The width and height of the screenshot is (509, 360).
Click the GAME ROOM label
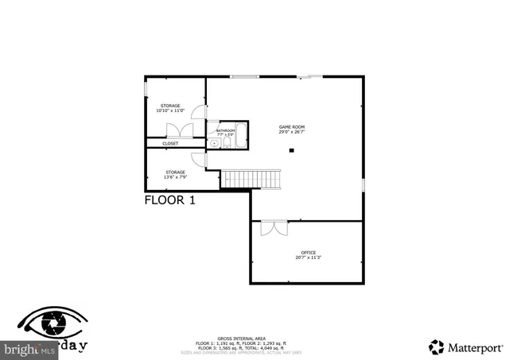(291, 127)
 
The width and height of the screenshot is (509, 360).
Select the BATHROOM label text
(226, 130)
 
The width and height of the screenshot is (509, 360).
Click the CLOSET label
(171, 144)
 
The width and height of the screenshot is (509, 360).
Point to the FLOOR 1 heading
(169, 201)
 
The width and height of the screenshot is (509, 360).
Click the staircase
(251, 179)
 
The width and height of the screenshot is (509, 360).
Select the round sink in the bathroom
(214, 144)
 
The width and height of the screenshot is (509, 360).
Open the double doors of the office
(273, 227)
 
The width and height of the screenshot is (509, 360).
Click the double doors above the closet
(175, 131)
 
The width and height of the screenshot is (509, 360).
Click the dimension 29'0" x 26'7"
(291, 133)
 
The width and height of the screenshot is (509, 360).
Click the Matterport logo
(465, 346)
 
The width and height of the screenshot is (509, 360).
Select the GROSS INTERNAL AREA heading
(253, 339)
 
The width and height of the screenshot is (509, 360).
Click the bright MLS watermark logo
(28, 348)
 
